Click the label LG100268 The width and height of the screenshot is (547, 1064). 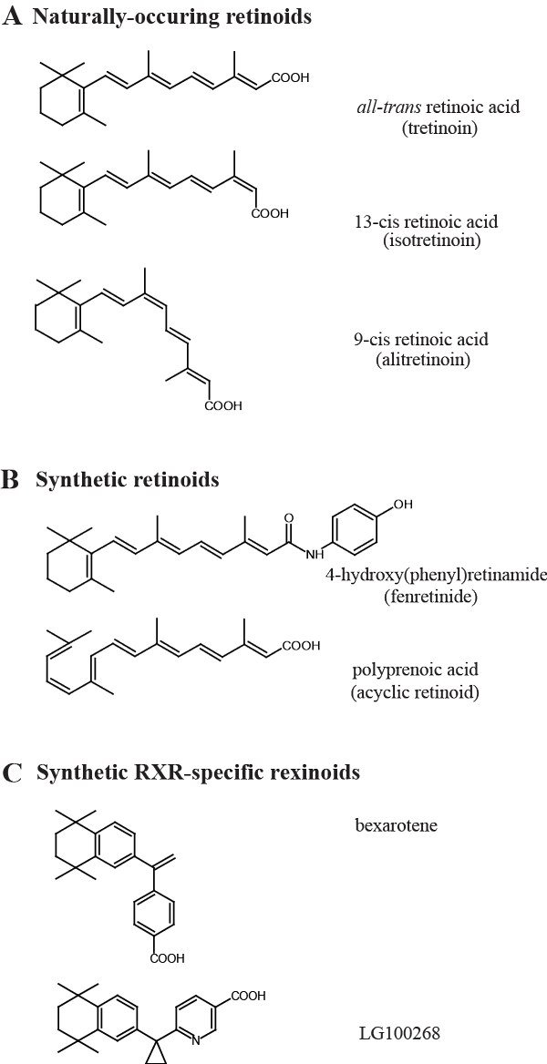point(394,1034)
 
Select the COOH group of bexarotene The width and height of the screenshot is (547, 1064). point(167,957)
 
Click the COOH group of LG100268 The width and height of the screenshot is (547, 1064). point(249,996)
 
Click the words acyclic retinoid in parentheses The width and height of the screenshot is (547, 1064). point(415,692)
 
